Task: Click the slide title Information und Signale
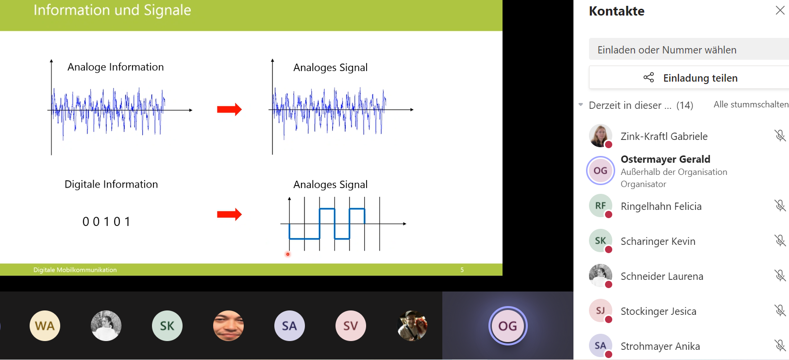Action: point(112,10)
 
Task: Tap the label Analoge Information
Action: point(116,67)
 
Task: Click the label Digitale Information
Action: point(111,185)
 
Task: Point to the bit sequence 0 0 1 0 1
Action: point(106,222)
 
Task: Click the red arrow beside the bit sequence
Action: point(229,214)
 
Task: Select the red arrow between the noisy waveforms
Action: point(229,109)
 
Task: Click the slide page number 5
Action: point(462,270)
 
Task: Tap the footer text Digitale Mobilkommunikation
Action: point(75,270)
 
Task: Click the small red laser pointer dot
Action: point(288,254)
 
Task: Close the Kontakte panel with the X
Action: point(780,10)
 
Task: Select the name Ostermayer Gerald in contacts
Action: point(665,159)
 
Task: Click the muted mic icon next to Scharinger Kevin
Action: point(780,240)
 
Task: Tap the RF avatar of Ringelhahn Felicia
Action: point(601,206)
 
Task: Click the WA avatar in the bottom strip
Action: point(45,326)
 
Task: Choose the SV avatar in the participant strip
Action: point(351,326)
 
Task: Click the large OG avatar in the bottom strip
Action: point(507,326)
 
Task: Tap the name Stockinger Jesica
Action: point(658,311)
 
